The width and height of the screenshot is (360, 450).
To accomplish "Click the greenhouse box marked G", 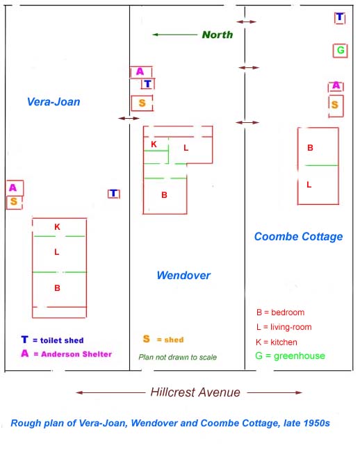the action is pyautogui.click(x=340, y=51).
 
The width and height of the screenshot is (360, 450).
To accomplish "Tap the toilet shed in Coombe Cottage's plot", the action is pyautogui.click(x=340, y=18).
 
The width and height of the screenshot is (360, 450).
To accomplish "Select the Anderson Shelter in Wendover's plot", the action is pyautogui.click(x=141, y=72).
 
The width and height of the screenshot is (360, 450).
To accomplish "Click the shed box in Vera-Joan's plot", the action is pyautogui.click(x=15, y=203).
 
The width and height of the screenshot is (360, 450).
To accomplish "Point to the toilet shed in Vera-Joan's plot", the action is pyautogui.click(x=114, y=194).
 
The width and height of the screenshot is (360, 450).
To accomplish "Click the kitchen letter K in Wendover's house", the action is pyautogui.click(x=154, y=144).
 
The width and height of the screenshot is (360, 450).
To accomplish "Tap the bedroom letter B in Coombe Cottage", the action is pyautogui.click(x=310, y=148).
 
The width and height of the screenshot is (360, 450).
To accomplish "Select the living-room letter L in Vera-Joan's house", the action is pyautogui.click(x=57, y=252).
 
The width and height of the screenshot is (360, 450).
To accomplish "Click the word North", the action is pyautogui.click(x=218, y=35).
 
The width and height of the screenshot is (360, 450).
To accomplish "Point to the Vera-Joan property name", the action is pyautogui.click(x=54, y=102).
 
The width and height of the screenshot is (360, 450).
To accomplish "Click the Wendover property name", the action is pyautogui.click(x=183, y=275).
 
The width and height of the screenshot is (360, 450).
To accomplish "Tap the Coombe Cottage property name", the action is pyautogui.click(x=299, y=237).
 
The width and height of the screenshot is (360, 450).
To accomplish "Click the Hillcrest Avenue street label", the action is pyautogui.click(x=195, y=392).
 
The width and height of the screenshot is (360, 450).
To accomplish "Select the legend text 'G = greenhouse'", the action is pyautogui.click(x=291, y=356).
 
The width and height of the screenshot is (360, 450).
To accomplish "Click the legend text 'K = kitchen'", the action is pyautogui.click(x=277, y=342).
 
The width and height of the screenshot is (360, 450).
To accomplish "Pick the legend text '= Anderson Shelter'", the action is pyautogui.click(x=73, y=354).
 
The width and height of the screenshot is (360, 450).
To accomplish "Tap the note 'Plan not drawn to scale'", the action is pyautogui.click(x=177, y=357).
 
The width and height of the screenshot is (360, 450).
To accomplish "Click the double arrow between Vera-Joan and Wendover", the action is pyautogui.click(x=129, y=118).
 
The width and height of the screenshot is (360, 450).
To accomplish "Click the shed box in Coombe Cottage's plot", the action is pyautogui.click(x=336, y=106).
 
